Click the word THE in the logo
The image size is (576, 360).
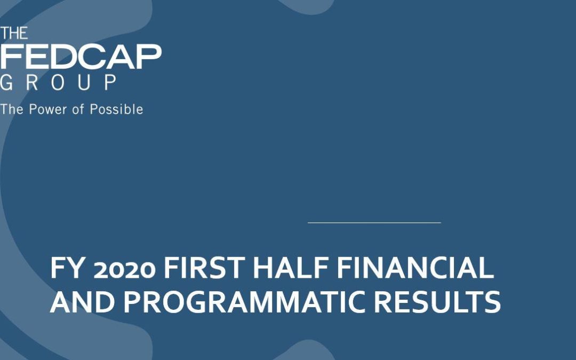(14, 34)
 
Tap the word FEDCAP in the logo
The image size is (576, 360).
(81, 57)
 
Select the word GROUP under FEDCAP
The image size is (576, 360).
(59, 82)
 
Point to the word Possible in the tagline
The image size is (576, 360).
(116, 109)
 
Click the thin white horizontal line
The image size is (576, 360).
(374, 222)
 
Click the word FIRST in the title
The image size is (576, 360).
(204, 268)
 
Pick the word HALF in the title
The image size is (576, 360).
(291, 268)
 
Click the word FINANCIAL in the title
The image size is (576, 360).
(415, 268)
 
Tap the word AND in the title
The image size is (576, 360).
(82, 302)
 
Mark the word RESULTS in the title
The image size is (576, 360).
(437, 302)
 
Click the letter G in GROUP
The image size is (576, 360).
(6, 82)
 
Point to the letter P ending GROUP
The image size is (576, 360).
(111, 82)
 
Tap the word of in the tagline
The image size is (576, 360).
(78, 109)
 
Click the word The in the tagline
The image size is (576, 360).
(12, 109)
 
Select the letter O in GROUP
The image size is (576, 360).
(58, 82)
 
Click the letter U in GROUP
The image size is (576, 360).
(84, 82)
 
